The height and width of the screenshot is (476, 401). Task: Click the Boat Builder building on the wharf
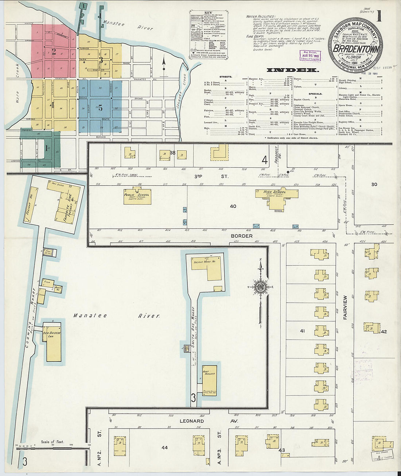(209, 378)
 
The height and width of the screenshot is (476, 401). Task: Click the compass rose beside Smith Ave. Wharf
(261, 287)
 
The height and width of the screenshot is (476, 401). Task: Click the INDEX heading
(292, 70)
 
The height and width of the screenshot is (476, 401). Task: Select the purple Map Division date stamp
(310, 55)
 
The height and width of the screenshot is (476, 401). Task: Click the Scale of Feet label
(52, 442)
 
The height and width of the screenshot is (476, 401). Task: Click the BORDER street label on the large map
(241, 236)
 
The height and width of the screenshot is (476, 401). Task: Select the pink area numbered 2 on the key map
(54, 51)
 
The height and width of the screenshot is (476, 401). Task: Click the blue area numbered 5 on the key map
(100, 108)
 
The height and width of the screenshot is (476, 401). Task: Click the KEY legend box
(209, 35)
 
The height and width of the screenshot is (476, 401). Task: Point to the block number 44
(164, 447)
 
